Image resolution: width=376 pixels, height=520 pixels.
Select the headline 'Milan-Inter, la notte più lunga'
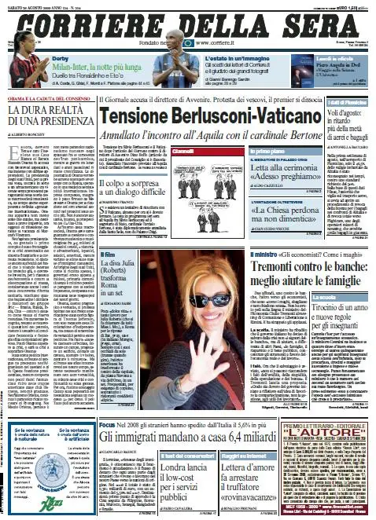(83, 68)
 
